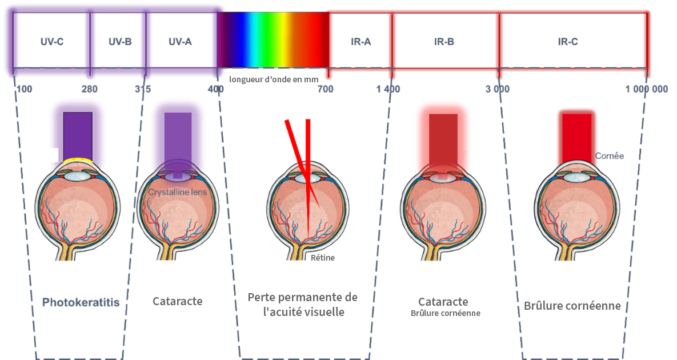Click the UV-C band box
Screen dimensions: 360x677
tap(51, 41)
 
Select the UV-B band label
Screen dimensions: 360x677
tap(120, 42)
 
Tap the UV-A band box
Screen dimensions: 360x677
tap(180, 42)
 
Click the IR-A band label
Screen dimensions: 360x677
tap(360, 42)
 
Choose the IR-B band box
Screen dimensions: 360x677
tap(444, 42)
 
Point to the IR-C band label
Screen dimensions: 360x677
tap(567, 42)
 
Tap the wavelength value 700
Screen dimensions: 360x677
tap(325, 89)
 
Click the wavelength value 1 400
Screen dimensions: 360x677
tap(388, 89)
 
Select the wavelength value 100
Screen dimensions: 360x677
tap(24, 89)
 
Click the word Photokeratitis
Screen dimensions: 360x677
tap(81, 302)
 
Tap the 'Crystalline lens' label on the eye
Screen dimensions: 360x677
tap(177, 193)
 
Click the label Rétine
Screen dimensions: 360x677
tap(323, 258)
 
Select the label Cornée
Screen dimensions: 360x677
tap(610, 155)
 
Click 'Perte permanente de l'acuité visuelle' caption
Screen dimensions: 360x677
tap(303, 305)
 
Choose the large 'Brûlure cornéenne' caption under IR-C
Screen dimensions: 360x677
tap(572, 306)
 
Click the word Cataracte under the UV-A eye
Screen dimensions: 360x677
tap(178, 301)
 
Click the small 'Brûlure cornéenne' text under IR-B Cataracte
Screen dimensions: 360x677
tap(446, 313)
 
